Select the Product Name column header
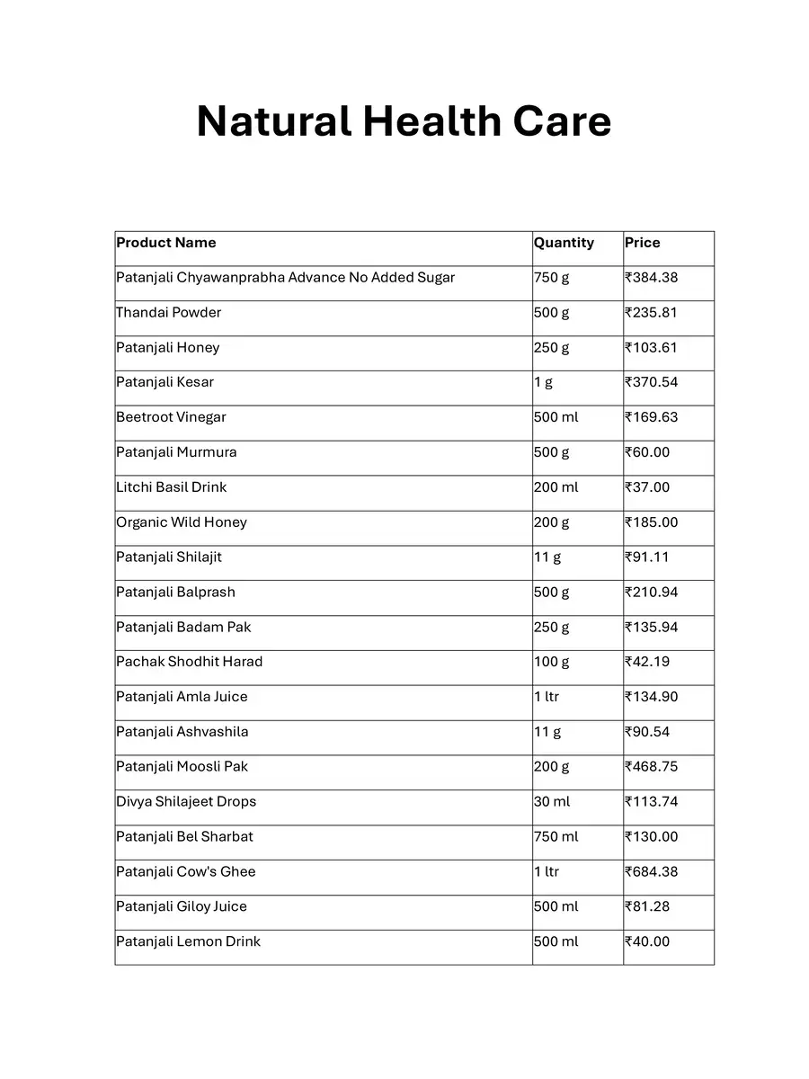pos(166,243)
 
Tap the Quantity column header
pos(564,243)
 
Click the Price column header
pos(643,243)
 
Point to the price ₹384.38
pos(652,278)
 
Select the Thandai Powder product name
pos(169,313)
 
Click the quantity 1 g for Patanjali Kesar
pos(543,382)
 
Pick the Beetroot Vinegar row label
pos(171,417)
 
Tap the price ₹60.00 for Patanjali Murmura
pos(647,452)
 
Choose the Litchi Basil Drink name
pos(172,487)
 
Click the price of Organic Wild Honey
pos(652,522)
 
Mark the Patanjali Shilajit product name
pos(169,557)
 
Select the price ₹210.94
pos(652,593)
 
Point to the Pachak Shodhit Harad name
pos(190,662)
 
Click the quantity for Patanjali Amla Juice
pos(547,697)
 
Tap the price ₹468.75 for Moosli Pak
pos(652,767)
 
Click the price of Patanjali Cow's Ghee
pos(652,872)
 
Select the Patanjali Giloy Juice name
pos(182,906)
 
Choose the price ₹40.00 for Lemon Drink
pos(647,941)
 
